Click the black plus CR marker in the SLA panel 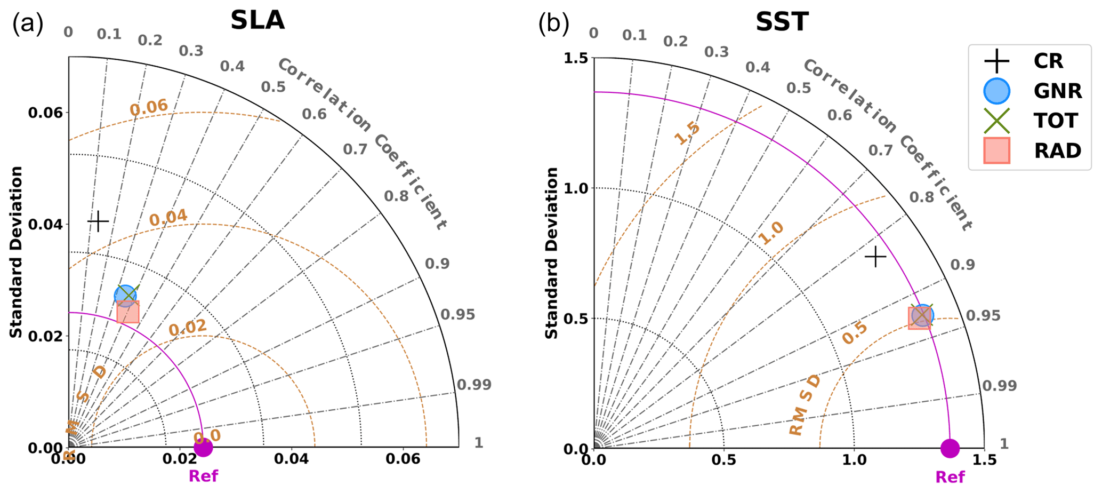point(98,220)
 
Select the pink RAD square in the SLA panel point(128,312)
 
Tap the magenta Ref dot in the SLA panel point(203,448)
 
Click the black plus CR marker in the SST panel point(875,257)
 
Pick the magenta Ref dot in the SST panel point(950,448)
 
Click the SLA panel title point(258,21)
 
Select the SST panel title point(782,22)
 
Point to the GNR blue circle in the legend point(996,91)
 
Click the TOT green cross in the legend point(996,121)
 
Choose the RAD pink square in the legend point(996,150)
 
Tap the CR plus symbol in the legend point(996,61)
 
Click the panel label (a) point(28,24)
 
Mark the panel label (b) point(553,24)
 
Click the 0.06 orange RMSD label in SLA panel point(149,107)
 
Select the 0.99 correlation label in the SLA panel point(474,384)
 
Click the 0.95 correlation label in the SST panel point(983,315)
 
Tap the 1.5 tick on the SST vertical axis point(575,58)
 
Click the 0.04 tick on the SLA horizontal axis point(291,459)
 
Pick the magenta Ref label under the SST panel point(950,476)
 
